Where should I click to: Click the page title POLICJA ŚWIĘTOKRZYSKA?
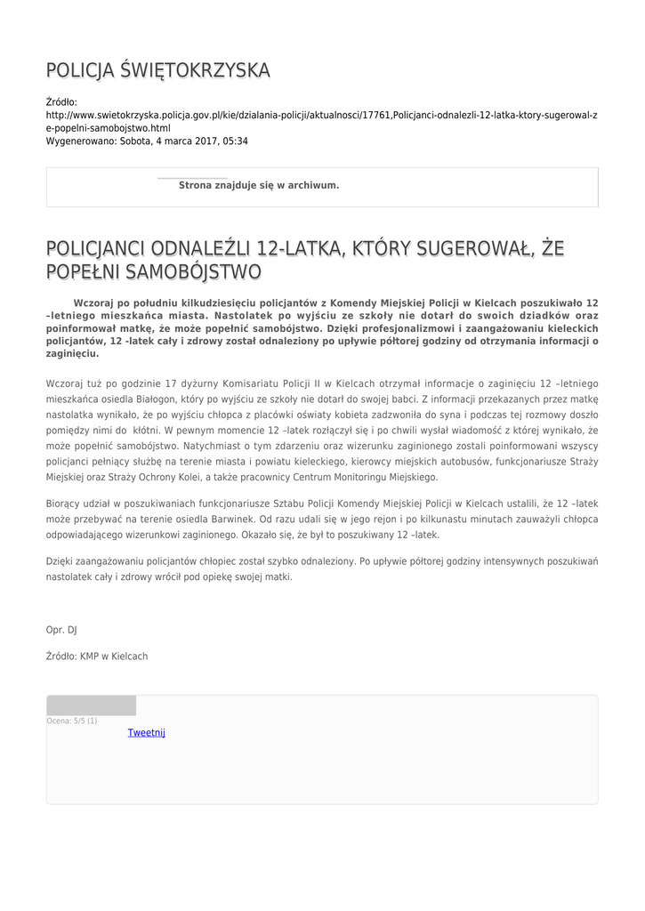[158, 70]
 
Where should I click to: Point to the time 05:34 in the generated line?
[236, 141]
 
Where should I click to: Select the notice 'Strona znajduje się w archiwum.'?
[259, 185]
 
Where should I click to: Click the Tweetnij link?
[147, 733]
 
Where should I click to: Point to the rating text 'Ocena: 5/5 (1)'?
[72, 721]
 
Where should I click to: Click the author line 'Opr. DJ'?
[61, 630]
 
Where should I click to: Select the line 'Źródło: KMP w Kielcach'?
[97, 657]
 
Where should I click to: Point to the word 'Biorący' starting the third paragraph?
[65, 504]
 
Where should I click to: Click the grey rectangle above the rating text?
[92, 705]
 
